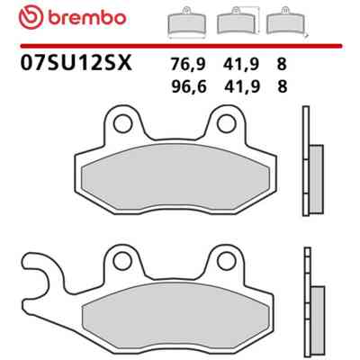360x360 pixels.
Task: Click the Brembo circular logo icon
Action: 31,18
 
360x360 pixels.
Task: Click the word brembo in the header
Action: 86,18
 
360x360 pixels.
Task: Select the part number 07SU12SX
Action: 76,63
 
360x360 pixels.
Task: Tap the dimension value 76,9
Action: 188,64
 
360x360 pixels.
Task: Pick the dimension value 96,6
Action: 189,87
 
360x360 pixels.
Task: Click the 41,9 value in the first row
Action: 241,64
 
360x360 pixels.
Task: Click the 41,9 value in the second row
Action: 241,87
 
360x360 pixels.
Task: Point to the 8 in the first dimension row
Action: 282,64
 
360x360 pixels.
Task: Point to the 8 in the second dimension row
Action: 283,87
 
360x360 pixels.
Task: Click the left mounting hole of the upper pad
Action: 122,123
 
